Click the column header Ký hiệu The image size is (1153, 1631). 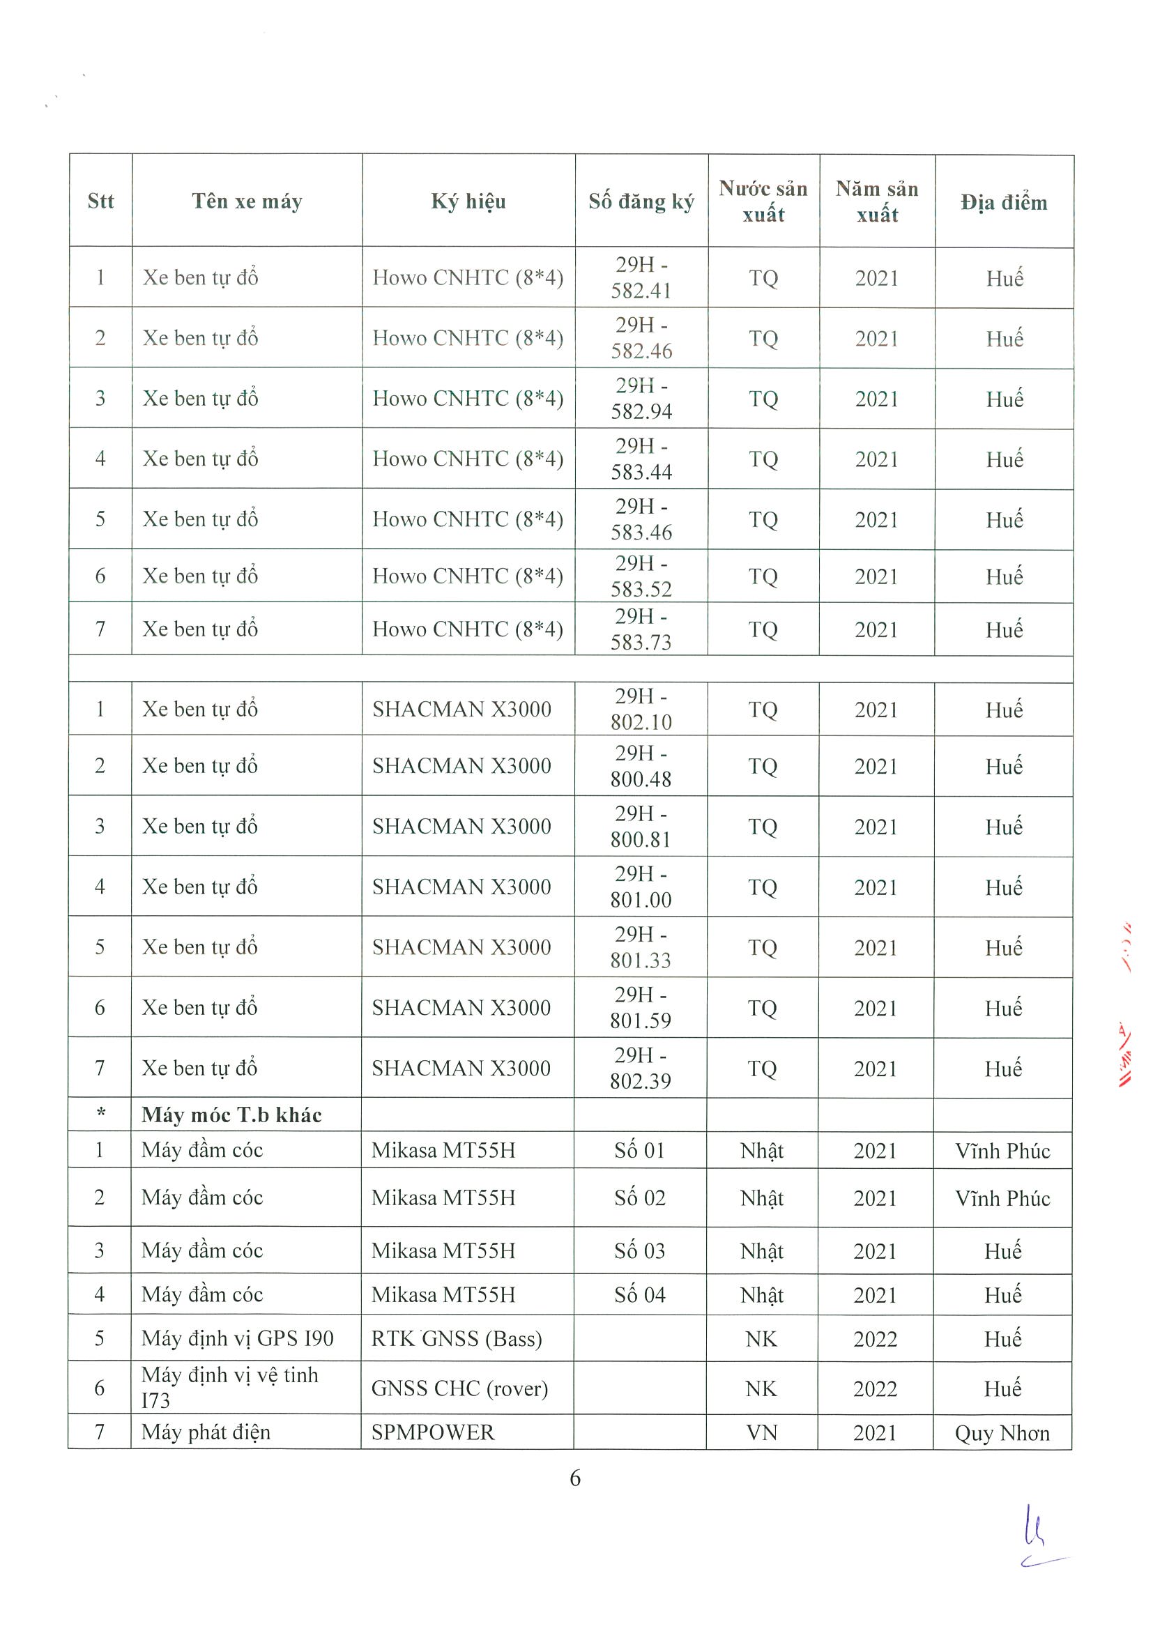[468, 201]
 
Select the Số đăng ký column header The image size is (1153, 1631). [641, 201]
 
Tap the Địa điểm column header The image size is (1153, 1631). [1004, 202]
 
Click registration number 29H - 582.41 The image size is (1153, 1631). [641, 277]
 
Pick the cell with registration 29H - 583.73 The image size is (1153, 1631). [641, 629]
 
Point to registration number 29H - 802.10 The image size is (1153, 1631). [641, 709]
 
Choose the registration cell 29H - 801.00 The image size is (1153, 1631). [641, 887]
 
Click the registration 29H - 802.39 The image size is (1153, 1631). [641, 1068]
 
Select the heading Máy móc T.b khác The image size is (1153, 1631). [231, 1115]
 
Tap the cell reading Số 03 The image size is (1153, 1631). [639, 1250]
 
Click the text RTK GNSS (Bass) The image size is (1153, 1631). [456, 1338]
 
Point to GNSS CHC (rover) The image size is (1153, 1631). [459, 1388]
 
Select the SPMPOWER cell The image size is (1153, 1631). [433, 1432]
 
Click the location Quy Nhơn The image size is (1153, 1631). [1002, 1433]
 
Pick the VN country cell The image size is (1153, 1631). [761, 1433]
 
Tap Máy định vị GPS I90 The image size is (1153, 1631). [237, 1338]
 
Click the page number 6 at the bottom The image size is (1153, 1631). [574, 1478]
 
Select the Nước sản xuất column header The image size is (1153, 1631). [763, 201]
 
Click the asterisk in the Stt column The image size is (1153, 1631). [100, 1115]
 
